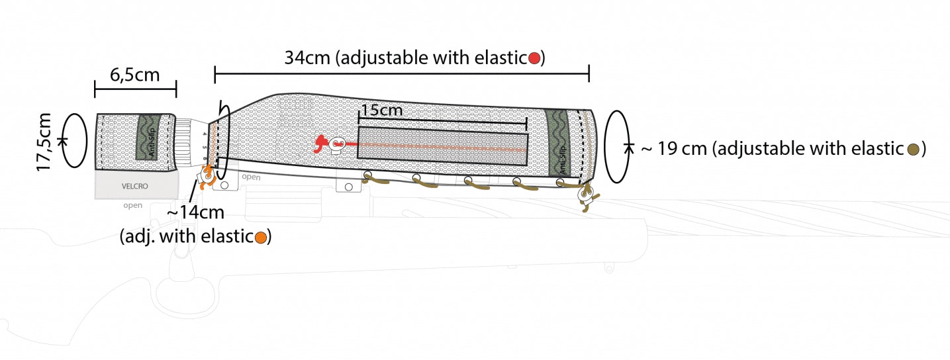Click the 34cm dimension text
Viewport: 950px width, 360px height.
tap(307, 58)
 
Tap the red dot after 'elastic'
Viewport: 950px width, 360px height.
tap(534, 58)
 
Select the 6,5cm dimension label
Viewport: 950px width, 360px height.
tap(135, 75)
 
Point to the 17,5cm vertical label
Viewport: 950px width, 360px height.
tap(44, 142)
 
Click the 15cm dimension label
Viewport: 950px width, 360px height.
tap(381, 111)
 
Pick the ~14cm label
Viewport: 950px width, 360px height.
tap(195, 212)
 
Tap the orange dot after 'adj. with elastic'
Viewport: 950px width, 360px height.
tap(261, 237)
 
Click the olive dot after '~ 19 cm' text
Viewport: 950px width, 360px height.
tap(914, 149)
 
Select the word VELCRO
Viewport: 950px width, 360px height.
tap(135, 186)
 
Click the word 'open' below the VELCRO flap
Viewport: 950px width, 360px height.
tap(133, 205)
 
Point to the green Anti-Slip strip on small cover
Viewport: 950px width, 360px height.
tap(148, 137)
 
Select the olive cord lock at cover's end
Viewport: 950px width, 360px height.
tap(587, 197)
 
